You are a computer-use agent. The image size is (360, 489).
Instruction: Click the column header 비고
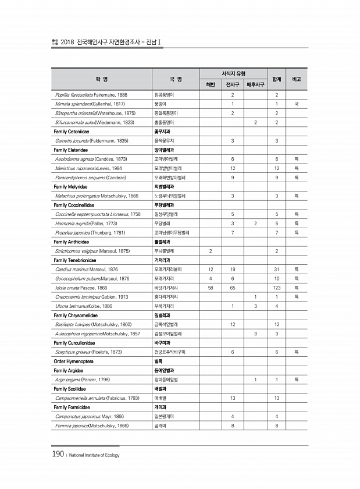click(297, 78)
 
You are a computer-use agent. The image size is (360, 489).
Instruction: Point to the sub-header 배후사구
click(255, 84)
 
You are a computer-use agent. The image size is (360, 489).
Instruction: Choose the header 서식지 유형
click(233, 73)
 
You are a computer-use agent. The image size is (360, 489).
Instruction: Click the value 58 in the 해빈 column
click(210, 287)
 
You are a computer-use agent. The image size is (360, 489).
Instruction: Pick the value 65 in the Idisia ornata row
click(233, 287)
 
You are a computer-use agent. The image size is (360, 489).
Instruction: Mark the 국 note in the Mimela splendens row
click(297, 104)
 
